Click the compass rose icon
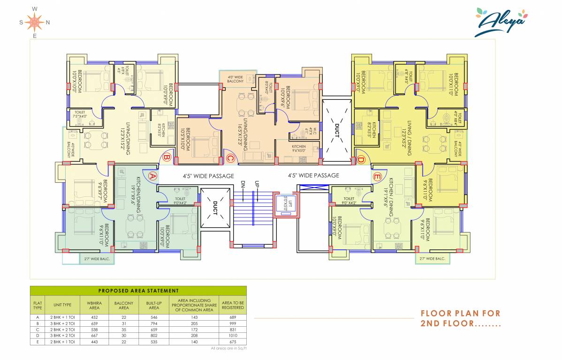point(35,22)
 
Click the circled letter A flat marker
point(152,176)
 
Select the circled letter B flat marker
point(166,158)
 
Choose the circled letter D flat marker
point(360,159)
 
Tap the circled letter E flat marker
point(377,176)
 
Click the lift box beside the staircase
point(286,205)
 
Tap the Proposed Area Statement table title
point(138,291)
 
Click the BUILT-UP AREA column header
point(154,305)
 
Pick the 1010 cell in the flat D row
point(233,336)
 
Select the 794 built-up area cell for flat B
point(154,323)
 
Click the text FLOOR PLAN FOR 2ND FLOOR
point(460,318)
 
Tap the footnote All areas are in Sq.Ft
point(228,349)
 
